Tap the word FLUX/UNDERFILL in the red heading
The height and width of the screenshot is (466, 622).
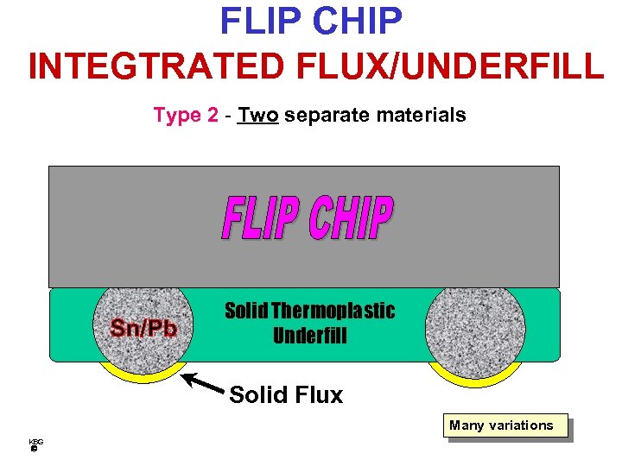tap(456, 66)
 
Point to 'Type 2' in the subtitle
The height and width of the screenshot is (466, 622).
tap(186, 115)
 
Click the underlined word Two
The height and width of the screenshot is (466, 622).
tap(258, 115)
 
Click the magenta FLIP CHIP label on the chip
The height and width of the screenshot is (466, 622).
tap(308, 219)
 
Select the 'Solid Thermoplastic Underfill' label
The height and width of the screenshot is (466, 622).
tap(309, 323)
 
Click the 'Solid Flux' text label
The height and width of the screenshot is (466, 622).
tap(286, 395)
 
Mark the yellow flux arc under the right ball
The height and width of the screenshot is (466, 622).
tap(474, 377)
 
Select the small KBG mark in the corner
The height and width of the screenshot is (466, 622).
tap(35, 444)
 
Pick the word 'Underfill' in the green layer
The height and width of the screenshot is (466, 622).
tap(309, 336)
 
